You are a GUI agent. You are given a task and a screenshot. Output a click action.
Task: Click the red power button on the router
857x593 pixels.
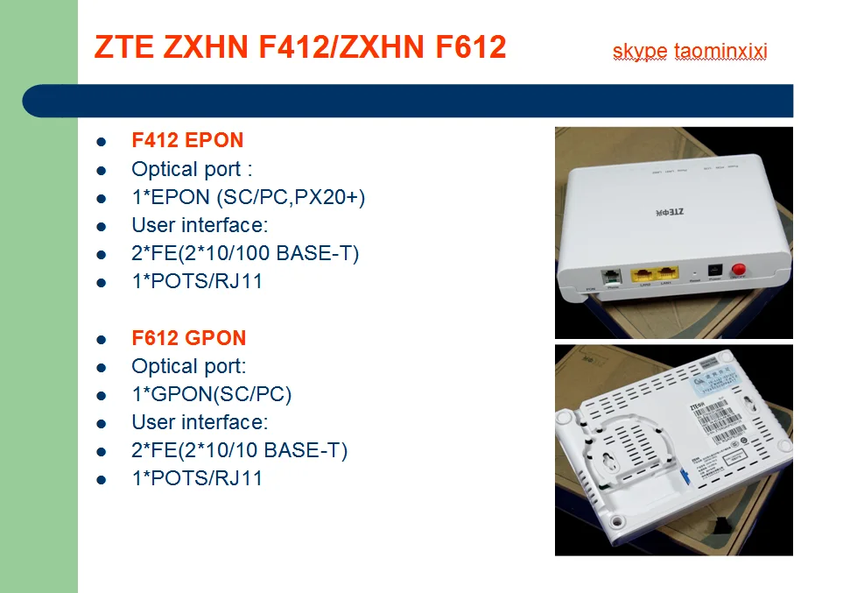coord(738,269)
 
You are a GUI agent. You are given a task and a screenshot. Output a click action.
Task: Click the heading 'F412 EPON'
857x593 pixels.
coord(187,140)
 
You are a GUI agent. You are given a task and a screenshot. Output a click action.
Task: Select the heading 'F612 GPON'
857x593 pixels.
coord(188,338)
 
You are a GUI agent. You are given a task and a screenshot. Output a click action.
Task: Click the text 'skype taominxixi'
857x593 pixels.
coord(690,52)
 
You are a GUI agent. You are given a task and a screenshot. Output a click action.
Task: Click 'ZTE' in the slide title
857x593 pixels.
coord(125,46)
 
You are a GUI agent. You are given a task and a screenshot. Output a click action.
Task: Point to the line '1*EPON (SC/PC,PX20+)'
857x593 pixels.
coord(248,197)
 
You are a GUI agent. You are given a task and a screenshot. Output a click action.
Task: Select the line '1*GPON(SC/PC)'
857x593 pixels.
coord(211,394)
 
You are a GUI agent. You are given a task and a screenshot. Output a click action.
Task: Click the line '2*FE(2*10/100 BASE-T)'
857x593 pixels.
coord(245,253)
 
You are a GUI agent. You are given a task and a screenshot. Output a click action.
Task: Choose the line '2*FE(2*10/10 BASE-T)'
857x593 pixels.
coord(239,450)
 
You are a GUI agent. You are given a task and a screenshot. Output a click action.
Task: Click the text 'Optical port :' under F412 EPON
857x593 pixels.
coord(192,169)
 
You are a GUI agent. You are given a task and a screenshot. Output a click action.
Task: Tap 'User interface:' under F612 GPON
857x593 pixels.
coord(200,422)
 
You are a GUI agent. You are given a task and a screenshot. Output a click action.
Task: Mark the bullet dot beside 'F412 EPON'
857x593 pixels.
coord(101,141)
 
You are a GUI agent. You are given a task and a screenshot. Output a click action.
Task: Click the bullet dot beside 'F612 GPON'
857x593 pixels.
coord(101,339)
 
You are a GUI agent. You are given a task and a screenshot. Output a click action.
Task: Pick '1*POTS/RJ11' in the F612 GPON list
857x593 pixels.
coord(197,478)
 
